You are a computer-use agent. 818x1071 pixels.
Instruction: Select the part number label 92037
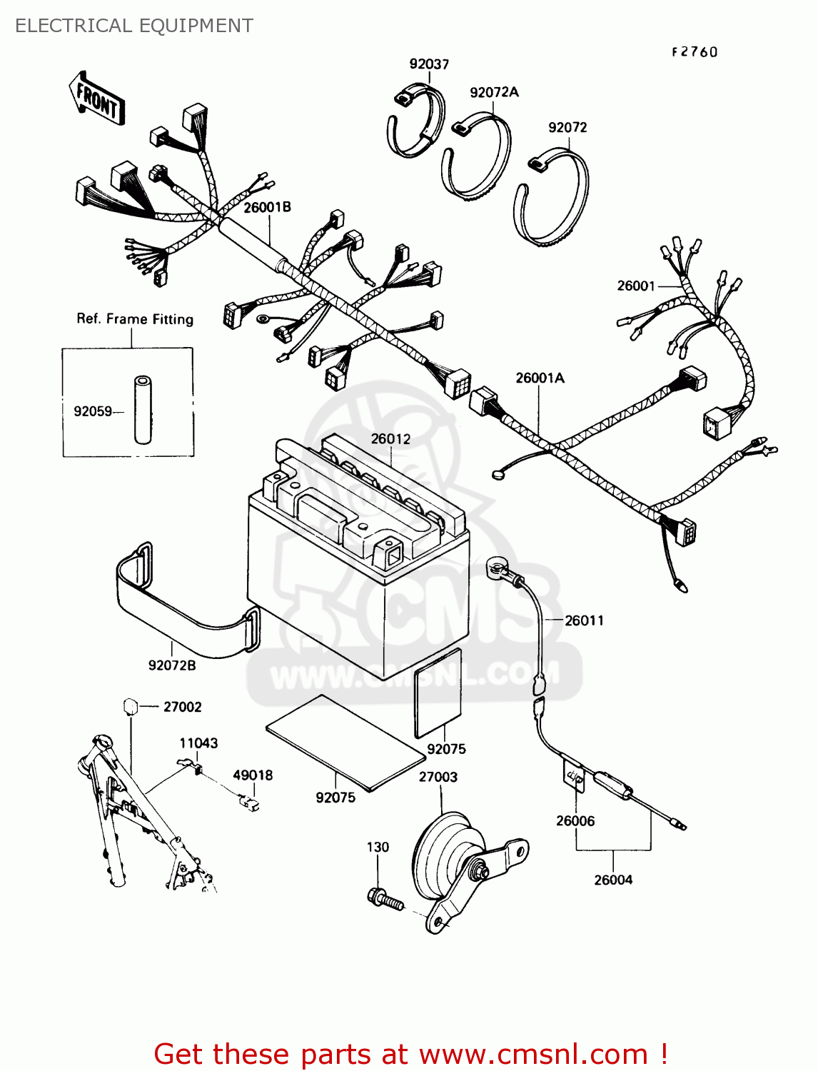click(x=429, y=64)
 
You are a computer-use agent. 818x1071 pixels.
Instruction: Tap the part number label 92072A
click(x=494, y=92)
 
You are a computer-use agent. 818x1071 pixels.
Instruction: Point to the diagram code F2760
click(x=694, y=52)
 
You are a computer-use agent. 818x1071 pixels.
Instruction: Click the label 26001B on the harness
click(x=267, y=207)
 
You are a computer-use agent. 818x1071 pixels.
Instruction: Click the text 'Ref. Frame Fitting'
click(x=135, y=319)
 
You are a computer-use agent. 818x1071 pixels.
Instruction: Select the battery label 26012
click(x=390, y=438)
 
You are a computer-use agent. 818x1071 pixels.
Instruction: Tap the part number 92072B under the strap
click(x=172, y=665)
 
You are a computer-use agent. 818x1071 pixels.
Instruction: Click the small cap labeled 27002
click(x=130, y=707)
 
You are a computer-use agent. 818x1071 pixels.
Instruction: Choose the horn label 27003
click(x=438, y=777)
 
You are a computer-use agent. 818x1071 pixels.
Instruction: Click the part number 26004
click(x=613, y=880)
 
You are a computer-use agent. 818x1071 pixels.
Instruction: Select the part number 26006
click(x=575, y=821)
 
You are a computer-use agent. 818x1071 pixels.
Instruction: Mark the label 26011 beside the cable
click(x=584, y=620)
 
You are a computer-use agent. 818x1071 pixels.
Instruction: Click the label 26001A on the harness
click(x=540, y=378)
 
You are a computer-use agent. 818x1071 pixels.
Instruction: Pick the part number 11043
click(x=198, y=743)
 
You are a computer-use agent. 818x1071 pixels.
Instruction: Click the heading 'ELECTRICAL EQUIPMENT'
click(x=134, y=26)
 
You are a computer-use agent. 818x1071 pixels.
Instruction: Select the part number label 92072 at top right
click(x=567, y=127)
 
